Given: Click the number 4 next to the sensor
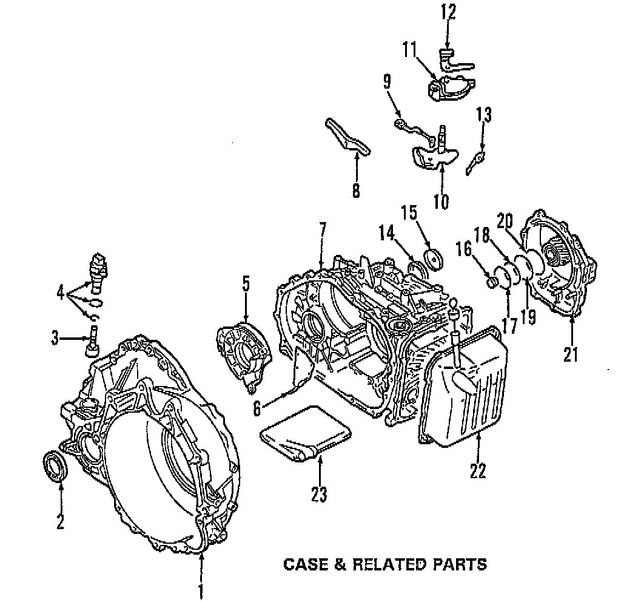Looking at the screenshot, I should click(60, 293).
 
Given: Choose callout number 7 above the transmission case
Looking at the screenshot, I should click(322, 231).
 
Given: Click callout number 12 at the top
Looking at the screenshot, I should click(448, 12).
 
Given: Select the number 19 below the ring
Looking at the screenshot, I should click(528, 317).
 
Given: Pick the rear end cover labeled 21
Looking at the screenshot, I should click(560, 273).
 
